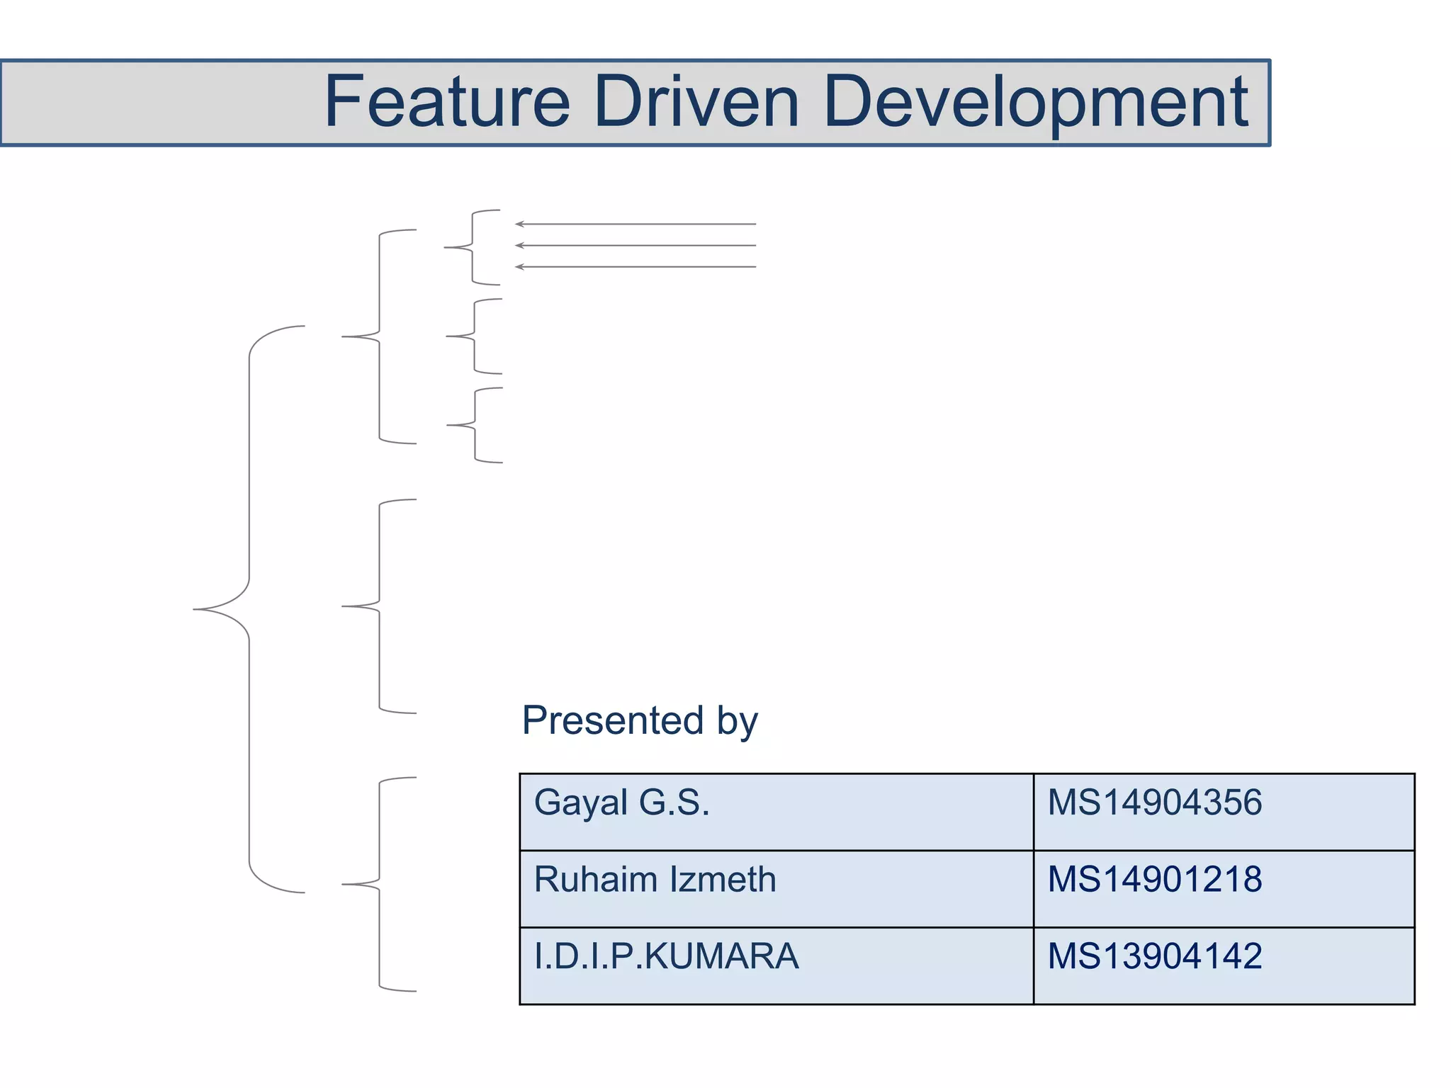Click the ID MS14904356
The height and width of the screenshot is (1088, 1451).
pyautogui.click(x=1154, y=803)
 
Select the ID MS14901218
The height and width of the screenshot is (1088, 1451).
pyautogui.click(x=1154, y=879)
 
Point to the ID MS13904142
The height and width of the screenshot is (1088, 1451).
pyautogui.click(x=1154, y=956)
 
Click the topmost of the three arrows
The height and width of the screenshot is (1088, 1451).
pyautogui.click(x=636, y=224)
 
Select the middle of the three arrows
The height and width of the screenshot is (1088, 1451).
pyautogui.click(x=636, y=245)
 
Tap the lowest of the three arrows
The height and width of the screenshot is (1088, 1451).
pyautogui.click(x=636, y=267)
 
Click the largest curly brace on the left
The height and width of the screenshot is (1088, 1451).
pyautogui.click(x=249, y=609)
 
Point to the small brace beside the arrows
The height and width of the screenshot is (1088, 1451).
pyautogui.click(x=472, y=247)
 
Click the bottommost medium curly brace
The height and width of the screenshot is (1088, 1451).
pyautogui.click(x=379, y=884)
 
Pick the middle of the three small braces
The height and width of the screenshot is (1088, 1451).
pyautogui.click(x=474, y=336)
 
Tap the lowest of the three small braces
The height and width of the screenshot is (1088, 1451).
pyautogui.click(x=475, y=425)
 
